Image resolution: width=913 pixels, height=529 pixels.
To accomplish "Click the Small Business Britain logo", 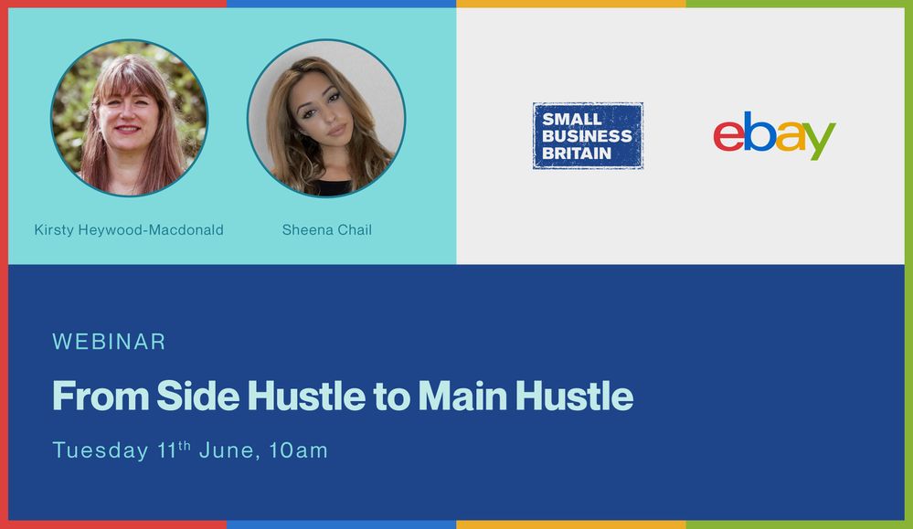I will click(x=588, y=135).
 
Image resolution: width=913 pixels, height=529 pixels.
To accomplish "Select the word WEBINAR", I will click(x=109, y=342).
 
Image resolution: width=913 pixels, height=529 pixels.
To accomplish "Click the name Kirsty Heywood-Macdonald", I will click(x=129, y=229).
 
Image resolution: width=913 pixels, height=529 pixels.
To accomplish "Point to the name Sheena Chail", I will click(x=326, y=229).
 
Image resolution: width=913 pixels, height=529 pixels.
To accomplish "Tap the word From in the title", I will click(x=100, y=396).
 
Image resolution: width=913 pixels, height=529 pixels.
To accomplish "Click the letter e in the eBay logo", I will click(x=728, y=136).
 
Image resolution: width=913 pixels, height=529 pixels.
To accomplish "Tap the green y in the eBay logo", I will click(x=820, y=141).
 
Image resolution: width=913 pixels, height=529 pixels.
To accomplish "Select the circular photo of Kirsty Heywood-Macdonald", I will click(x=129, y=117).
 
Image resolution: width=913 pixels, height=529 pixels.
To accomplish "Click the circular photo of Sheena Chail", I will click(x=326, y=117).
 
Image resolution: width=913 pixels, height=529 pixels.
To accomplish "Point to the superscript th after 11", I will click(x=183, y=445).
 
